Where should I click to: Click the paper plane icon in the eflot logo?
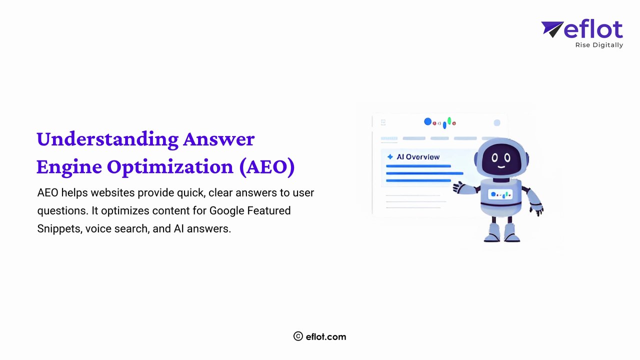551,29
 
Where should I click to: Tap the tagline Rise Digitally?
599,45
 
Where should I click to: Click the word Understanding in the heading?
107,139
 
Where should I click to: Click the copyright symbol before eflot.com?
298,336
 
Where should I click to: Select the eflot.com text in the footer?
326,336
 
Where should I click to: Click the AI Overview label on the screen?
418,157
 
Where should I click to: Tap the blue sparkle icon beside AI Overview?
390,157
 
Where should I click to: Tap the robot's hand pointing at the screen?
458,187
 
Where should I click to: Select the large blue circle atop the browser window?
427,121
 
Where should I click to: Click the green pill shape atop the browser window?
449,120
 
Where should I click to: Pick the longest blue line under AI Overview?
424,173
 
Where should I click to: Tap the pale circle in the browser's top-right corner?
496,123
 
